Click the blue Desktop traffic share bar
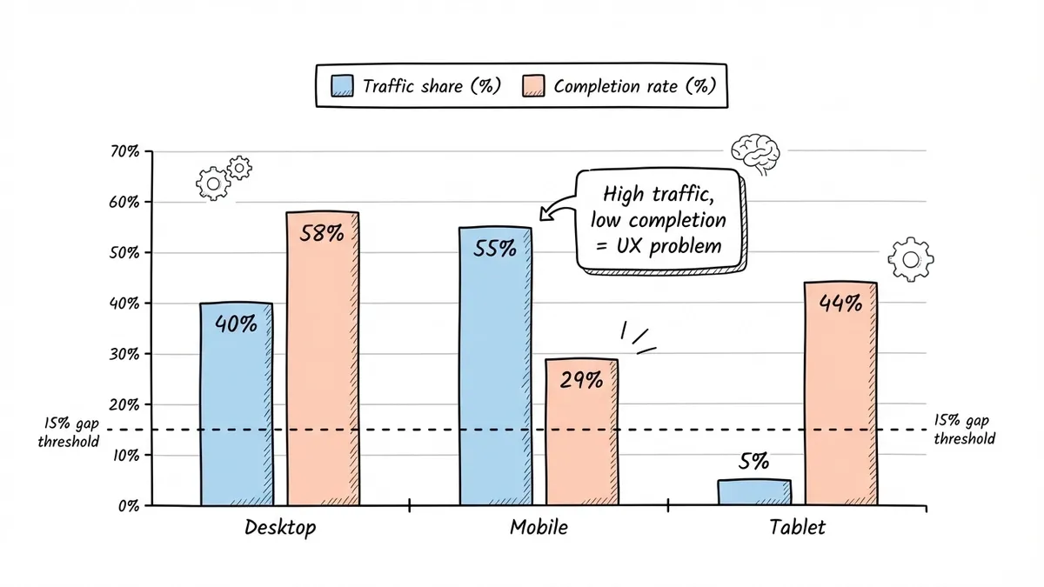coord(236,404)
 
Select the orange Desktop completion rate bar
coord(322,358)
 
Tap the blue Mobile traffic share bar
coord(495,366)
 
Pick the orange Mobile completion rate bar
coord(581,432)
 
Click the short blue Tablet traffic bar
coord(754,492)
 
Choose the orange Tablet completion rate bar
coord(840,394)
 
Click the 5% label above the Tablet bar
coord(753,463)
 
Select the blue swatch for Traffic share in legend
coord(342,87)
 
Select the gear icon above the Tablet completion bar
coord(911,258)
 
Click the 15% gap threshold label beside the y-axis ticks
coord(69,431)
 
